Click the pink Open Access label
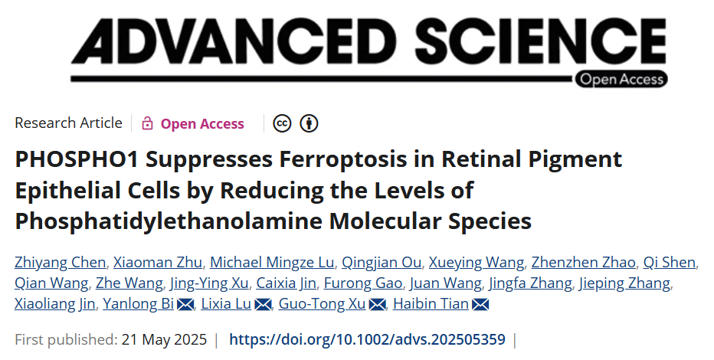pyautogui.click(x=202, y=123)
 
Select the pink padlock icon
pyautogui.click(x=147, y=123)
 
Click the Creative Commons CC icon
pyautogui.click(x=283, y=123)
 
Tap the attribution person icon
pyautogui.click(x=309, y=123)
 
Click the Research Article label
pyautogui.click(x=68, y=123)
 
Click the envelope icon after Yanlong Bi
pyautogui.click(x=185, y=305)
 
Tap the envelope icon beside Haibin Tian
pyautogui.click(x=480, y=305)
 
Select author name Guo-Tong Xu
pyautogui.click(x=322, y=304)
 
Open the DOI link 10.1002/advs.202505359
pyautogui.click(x=368, y=339)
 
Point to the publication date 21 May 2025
pyautogui.click(x=162, y=339)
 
